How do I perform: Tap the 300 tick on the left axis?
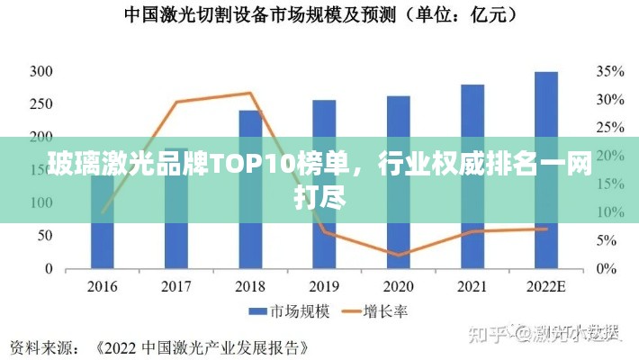[x=40, y=71]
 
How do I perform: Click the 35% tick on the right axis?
[x=609, y=71]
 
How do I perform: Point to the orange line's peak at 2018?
[x=250, y=93]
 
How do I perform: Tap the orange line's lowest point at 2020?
[x=398, y=255]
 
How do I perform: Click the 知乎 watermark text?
[x=485, y=333]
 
